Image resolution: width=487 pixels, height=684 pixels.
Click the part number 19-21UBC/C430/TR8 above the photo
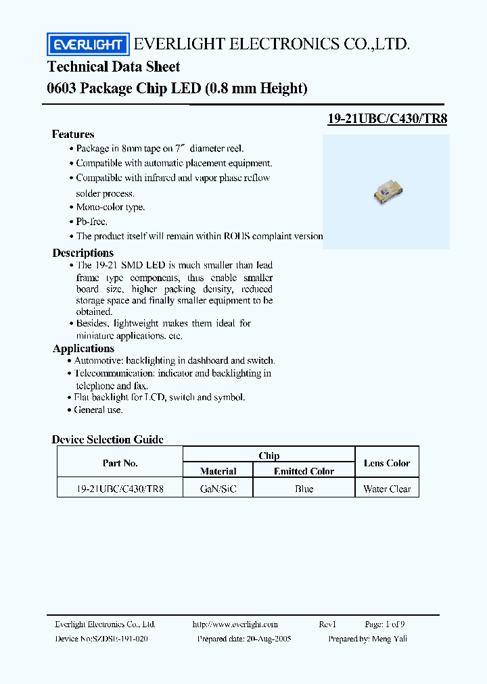[387, 118]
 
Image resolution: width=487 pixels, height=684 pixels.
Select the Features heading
[73, 135]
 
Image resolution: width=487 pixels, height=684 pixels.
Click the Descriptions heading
[83, 253]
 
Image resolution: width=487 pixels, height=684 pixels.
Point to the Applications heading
[83, 349]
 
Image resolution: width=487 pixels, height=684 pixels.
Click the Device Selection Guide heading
[108, 439]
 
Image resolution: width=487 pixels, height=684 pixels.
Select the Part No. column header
[120, 463]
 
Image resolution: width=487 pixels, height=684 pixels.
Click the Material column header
[218, 471]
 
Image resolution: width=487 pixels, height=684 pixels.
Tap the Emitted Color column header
[304, 471]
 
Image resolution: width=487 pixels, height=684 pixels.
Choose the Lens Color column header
[387, 463]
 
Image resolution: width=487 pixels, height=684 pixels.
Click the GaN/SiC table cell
[218, 489]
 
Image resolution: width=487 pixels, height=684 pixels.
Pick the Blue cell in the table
[304, 489]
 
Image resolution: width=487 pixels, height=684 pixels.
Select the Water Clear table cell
[387, 489]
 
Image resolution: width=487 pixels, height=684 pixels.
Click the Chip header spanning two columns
[269, 456]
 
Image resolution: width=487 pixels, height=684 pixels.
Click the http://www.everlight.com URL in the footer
[235, 625]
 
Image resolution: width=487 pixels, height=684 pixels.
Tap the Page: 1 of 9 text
[386, 625]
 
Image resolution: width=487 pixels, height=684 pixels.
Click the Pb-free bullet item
[91, 222]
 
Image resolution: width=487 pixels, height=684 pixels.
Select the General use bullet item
[99, 410]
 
